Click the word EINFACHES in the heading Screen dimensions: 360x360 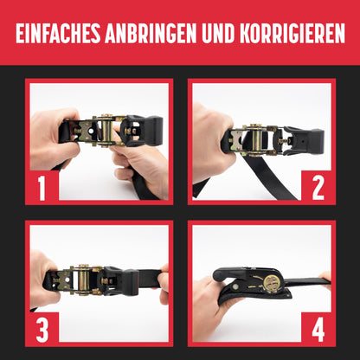pyautogui.click(x=58, y=33)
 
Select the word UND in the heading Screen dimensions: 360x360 pyautogui.click(x=218, y=33)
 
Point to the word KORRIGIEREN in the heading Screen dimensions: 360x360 pyautogui.click(x=292, y=33)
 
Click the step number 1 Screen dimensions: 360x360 pyautogui.click(x=42, y=188)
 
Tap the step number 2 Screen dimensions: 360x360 pyautogui.click(x=318, y=188)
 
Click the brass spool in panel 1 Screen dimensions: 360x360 pyautogui.click(x=106, y=131)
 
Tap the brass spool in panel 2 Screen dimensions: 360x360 pyautogui.click(x=257, y=140)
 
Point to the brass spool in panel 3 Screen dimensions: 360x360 pyautogui.click(x=83, y=280)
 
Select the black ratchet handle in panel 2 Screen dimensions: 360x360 pyautogui.click(x=304, y=141)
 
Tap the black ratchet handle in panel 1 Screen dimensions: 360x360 pyautogui.click(x=142, y=131)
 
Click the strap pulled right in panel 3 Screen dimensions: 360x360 pyautogui.click(x=150, y=278)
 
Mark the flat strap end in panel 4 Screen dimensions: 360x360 pyautogui.click(x=308, y=283)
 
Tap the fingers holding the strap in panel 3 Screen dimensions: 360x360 pyautogui.click(x=164, y=284)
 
